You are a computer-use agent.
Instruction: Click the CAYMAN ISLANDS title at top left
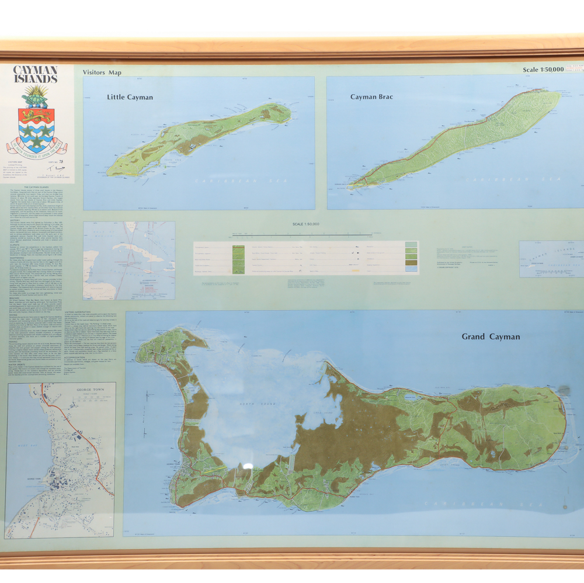click(36, 74)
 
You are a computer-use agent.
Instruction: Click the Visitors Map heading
click(102, 72)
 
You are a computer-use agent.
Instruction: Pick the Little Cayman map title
click(130, 98)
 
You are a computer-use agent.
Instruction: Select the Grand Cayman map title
click(491, 336)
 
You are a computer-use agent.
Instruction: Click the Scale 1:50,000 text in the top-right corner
click(543, 70)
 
